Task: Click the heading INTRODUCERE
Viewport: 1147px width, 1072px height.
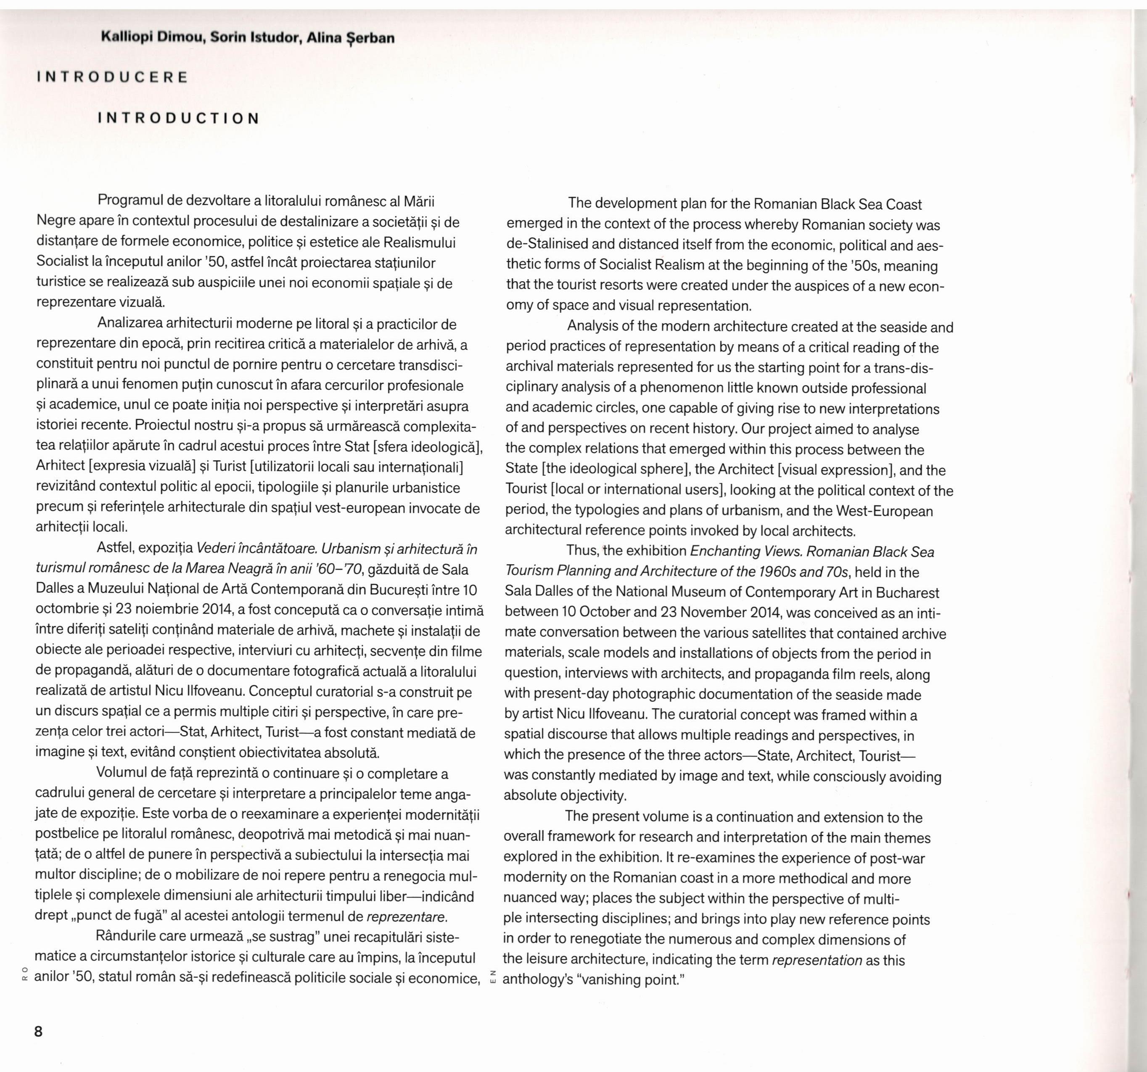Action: click(x=113, y=77)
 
